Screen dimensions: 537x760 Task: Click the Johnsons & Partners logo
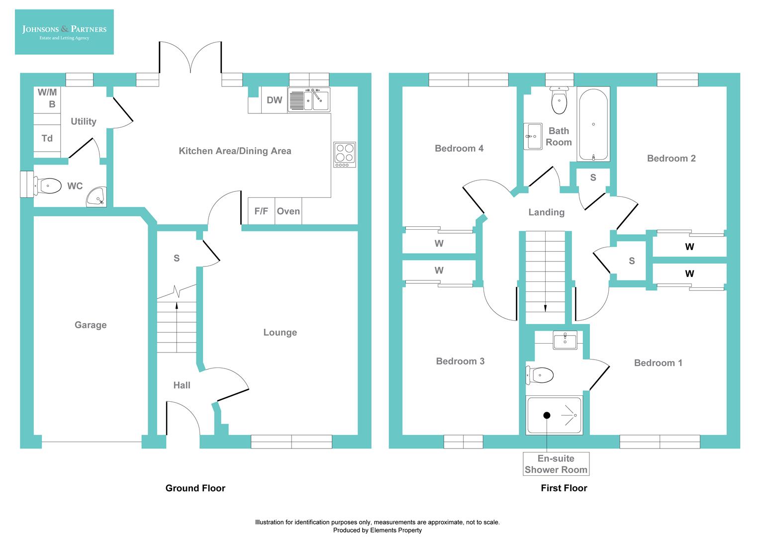[x=64, y=32]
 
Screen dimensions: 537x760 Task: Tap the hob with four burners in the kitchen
[x=345, y=155]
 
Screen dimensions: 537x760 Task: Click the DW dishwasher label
[x=275, y=100]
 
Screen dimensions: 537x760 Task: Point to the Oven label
[x=288, y=211]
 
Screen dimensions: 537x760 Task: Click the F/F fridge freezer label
[x=261, y=211]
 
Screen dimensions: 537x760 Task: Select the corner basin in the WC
[x=97, y=197]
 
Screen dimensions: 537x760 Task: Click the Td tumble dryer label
[x=47, y=139]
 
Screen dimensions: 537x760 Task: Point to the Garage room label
[x=91, y=325]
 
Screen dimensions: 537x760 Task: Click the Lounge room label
[x=280, y=333]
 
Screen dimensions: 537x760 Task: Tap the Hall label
[x=182, y=385]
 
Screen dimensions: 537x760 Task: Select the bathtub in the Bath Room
[x=593, y=124]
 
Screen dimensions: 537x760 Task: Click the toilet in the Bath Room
[x=559, y=101]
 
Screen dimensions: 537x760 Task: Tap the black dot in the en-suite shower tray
[x=547, y=415]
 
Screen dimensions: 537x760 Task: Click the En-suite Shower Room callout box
[x=556, y=464]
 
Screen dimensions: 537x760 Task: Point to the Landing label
[x=546, y=212]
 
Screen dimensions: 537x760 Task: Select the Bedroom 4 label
[x=459, y=149]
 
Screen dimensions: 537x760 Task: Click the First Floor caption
[x=564, y=488]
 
